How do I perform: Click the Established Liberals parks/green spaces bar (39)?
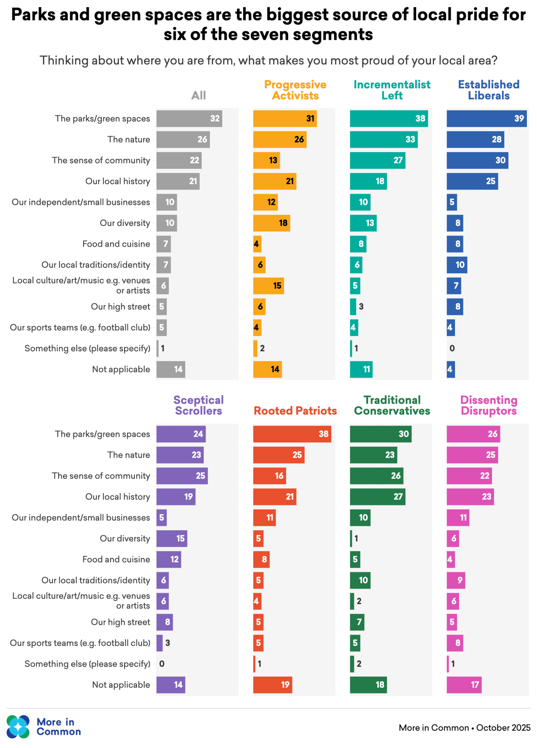pyautogui.click(x=487, y=119)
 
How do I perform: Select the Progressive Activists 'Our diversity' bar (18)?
pyautogui.click(x=271, y=223)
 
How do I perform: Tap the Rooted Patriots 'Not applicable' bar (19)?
pyautogui.click(x=272, y=685)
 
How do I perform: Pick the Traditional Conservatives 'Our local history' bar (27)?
pyautogui.click(x=377, y=497)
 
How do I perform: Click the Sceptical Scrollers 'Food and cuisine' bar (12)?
pyautogui.click(x=169, y=559)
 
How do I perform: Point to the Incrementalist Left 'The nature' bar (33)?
pyautogui.click(x=384, y=140)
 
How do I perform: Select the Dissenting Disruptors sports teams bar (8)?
pyautogui.click(x=455, y=643)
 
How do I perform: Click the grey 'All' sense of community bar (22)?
pyautogui.click(x=179, y=160)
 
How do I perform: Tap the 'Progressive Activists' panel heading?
pyautogui.click(x=295, y=90)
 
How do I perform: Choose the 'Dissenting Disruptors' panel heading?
pyautogui.click(x=489, y=405)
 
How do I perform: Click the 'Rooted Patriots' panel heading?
pyautogui.click(x=295, y=411)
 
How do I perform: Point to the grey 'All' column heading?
pyautogui.click(x=198, y=95)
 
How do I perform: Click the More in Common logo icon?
pyautogui.click(x=18, y=726)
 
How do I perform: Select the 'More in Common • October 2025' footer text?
pyautogui.click(x=464, y=728)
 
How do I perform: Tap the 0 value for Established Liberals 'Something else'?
pyautogui.click(x=452, y=348)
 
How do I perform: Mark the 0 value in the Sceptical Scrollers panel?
pyautogui.click(x=162, y=664)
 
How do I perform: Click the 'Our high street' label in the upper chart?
pyautogui.click(x=120, y=307)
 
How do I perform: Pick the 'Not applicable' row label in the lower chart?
pyautogui.click(x=121, y=685)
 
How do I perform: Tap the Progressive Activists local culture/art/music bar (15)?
pyautogui.click(x=268, y=286)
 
